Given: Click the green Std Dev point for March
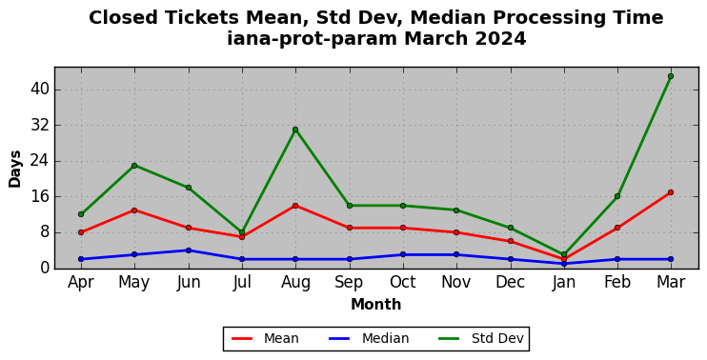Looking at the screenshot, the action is [671, 76].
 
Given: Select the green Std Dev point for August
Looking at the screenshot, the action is [295, 130].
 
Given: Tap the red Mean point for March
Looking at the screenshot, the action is [671, 192].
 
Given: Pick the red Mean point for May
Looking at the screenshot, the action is [134, 210].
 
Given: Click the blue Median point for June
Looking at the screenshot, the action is [189, 250].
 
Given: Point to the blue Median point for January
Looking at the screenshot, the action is [564, 264].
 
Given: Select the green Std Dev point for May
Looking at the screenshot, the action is [134, 166].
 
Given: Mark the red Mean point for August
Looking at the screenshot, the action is [295, 206].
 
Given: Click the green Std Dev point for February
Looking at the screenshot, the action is [617, 196].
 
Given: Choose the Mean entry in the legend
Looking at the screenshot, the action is [265, 338].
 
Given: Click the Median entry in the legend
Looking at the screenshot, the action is [369, 338].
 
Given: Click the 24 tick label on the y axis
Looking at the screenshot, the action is [40, 161].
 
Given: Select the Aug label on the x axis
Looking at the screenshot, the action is [295, 283].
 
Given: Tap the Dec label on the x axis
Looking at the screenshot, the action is [510, 283].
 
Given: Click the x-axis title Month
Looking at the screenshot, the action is [376, 305].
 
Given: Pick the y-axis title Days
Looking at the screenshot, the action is [15, 169].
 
